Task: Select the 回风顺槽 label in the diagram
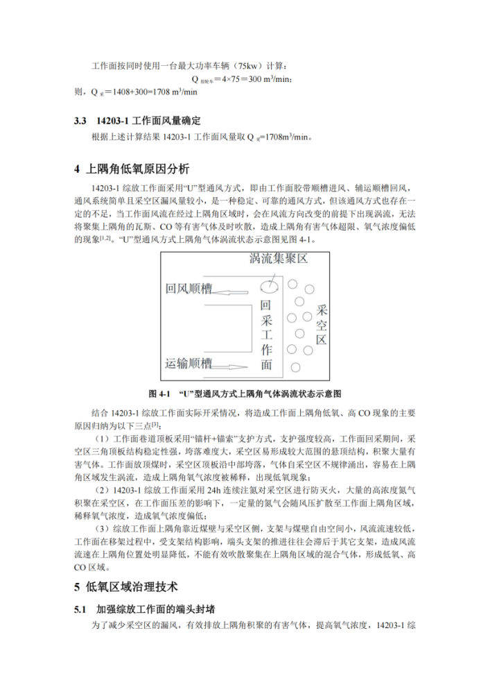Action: (x=189, y=289)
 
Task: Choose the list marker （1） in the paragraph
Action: (x=101, y=439)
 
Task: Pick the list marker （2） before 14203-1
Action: (x=101, y=489)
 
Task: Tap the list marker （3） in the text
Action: (x=101, y=527)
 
